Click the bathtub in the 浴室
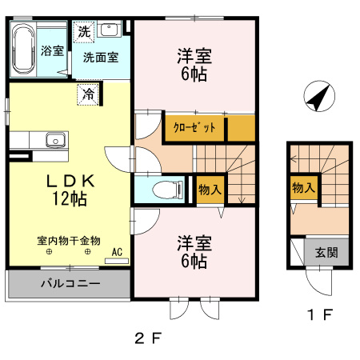point(24,50)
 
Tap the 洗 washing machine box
point(84,32)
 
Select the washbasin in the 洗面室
point(109,29)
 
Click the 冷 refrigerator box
point(88,94)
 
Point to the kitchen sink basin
point(55,140)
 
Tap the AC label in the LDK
point(117,252)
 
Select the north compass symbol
point(319,96)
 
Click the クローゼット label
point(194,127)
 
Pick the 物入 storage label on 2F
point(210,190)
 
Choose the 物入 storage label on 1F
point(303,187)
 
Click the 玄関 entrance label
point(326,252)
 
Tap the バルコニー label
point(70,283)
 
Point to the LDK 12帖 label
point(70,190)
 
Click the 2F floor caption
point(148,338)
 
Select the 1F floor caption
point(320,314)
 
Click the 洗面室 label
point(101,58)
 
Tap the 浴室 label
point(52,50)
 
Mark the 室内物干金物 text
point(69,241)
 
